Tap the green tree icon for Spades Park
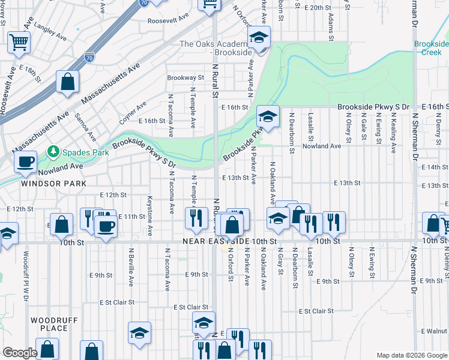54,152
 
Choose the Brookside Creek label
431,48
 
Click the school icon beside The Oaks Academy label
258,38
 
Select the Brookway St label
185,77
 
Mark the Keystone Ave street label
149,206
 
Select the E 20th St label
318,8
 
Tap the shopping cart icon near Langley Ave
18,42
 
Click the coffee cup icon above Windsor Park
25,161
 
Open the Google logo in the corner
20,353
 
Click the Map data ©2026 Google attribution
411,355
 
